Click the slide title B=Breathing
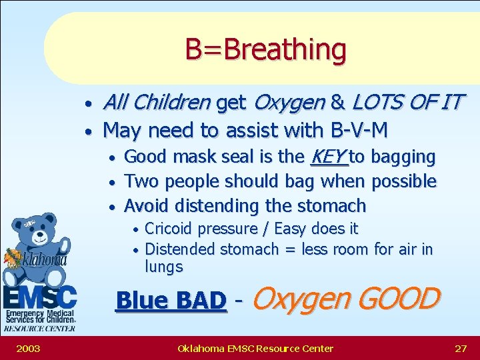[265, 49]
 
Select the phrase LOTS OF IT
[408, 102]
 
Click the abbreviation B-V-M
[359, 129]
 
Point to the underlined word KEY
[328, 157]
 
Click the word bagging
[402, 158]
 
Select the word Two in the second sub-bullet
[142, 181]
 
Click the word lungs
[163, 267]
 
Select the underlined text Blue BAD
[171, 301]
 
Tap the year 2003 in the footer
[27, 348]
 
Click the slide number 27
[460, 348]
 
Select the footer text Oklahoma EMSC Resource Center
[255, 348]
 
